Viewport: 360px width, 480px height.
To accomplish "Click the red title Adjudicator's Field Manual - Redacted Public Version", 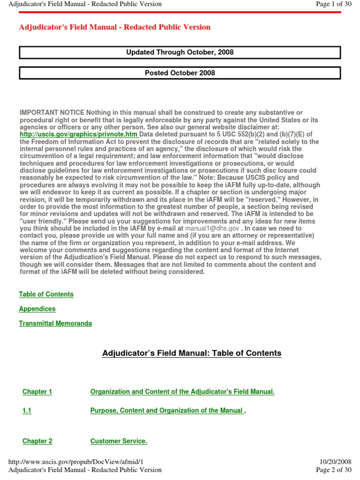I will tap(114, 27).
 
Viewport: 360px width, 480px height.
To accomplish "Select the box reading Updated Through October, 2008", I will tap(180, 52).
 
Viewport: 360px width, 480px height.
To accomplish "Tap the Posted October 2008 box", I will tap(180, 73).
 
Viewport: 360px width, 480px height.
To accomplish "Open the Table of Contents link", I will tap(46, 294).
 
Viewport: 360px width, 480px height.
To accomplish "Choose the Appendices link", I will tap(37, 309).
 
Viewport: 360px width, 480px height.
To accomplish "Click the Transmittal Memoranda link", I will tap(55, 323).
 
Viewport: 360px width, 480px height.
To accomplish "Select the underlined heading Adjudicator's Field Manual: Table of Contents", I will tap(192, 353).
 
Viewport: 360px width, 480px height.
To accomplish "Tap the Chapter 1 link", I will tap(37, 392).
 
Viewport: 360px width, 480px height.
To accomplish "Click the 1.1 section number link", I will tap(27, 411).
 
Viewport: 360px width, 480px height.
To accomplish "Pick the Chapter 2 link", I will tap(37, 441).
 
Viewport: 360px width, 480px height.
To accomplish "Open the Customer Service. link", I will tap(119, 441).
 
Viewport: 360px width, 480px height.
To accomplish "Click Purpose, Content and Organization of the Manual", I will tap(166, 411).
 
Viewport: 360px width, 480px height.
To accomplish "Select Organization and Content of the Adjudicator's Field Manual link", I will tap(182, 392).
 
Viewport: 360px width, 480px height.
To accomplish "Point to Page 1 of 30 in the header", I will tap(334, 4).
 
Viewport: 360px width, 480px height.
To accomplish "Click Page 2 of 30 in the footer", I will tap(334, 470).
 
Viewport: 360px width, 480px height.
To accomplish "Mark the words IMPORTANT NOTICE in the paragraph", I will tap(52, 112).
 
